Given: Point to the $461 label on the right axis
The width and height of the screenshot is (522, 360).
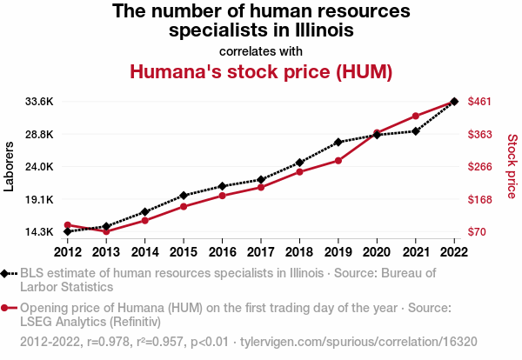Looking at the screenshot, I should click(x=481, y=102).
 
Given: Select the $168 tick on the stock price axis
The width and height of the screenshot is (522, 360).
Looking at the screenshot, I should click(x=481, y=199).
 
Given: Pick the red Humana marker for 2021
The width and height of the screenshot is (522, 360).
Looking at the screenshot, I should click(x=416, y=116).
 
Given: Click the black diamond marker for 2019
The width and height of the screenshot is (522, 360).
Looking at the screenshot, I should click(x=338, y=142).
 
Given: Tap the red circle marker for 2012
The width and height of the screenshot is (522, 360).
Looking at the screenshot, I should click(x=68, y=225).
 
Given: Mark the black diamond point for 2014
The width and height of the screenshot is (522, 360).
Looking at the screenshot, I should click(x=145, y=212).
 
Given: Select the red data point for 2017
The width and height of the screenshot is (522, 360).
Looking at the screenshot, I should click(x=261, y=187).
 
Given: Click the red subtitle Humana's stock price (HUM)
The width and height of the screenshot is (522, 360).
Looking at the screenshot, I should click(x=261, y=71).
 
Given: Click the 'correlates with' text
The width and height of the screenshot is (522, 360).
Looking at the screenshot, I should click(x=261, y=50).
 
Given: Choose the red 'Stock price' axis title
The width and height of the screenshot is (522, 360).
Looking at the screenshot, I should click(x=512, y=166).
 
